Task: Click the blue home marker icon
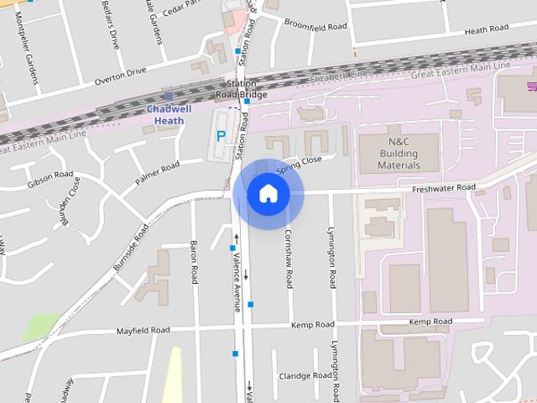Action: [x=268, y=194]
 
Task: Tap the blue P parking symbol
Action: [x=221, y=135]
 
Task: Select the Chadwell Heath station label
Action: [x=169, y=114]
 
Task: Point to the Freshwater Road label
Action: [x=444, y=187]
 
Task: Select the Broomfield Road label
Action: [x=315, y=26]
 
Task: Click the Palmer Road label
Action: [x=158, y=173]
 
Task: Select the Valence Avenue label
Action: [x=238, y=281]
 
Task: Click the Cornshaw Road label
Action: [x=289, y=255]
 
